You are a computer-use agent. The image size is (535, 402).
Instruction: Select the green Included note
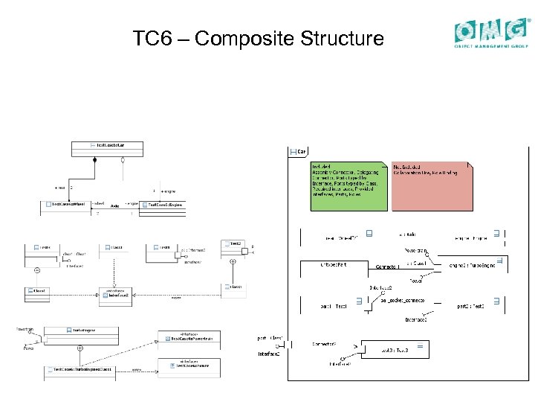[x=348, y=186]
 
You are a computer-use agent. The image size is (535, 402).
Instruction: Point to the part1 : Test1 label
[x=334, y=306]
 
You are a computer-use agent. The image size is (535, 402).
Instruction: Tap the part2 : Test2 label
[x=471, y=306]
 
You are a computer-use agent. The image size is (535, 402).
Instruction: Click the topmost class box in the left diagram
[x=109, y=144]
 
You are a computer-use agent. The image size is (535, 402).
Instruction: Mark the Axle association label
[x=115, y=205]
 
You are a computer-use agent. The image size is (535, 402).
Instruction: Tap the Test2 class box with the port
[x=234, y=246]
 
